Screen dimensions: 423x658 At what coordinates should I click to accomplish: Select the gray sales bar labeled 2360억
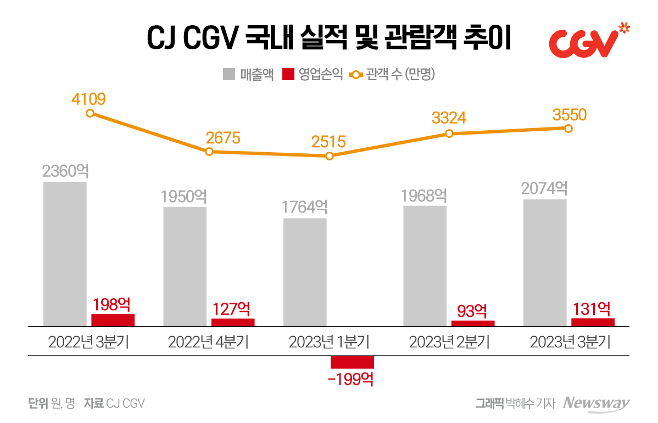click(65, 253)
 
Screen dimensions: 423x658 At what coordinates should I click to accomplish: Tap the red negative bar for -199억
click(352, 362)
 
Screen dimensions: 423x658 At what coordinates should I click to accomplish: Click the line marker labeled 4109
click(90, 113)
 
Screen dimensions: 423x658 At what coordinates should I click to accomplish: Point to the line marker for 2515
click(330, 156)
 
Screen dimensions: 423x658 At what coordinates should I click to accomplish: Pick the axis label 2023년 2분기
click(449, 343)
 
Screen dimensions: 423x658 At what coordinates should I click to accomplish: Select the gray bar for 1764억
click(305, 272)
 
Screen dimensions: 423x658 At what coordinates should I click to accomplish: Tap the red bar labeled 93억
click(472, 324)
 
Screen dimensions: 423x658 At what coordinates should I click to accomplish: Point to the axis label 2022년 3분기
click(88, 343)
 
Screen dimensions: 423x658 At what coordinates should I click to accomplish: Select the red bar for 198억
click(113, 320)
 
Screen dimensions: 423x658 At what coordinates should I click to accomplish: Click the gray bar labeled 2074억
click(545, 263)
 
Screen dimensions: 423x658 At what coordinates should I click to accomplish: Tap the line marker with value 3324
click(449, 133)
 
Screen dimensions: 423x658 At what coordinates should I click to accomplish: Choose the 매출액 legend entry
click(248, 75)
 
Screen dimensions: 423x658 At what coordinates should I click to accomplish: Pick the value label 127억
click(233, 309)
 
